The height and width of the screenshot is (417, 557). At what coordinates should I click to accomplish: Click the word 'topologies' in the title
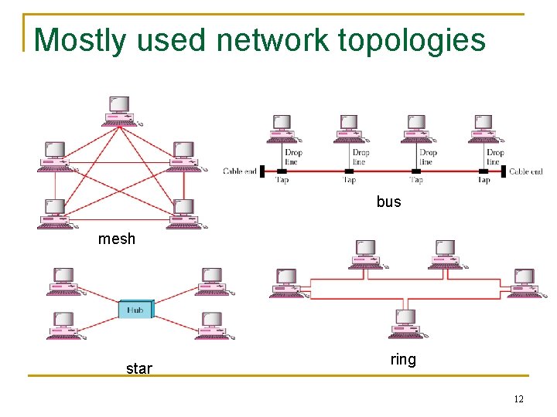point(412,39)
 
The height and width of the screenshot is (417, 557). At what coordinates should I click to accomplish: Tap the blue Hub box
point(135,310)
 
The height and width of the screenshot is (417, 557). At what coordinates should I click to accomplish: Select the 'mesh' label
point(116,239)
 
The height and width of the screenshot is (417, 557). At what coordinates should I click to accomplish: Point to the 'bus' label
point(388,202)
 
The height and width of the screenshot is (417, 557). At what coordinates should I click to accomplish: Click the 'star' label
point(138,368)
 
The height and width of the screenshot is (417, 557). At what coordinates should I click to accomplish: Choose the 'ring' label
point(402,359)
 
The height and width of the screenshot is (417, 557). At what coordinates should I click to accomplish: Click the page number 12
point(518,398)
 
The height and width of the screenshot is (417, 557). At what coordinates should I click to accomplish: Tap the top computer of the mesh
point(120,111)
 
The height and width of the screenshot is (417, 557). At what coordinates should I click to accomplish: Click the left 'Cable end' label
point(240,171)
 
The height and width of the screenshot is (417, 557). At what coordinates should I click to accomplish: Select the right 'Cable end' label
point(525,171)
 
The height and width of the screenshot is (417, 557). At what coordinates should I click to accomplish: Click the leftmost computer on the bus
point(283,128)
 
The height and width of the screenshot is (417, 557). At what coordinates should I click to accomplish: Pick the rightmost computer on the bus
point(485,128)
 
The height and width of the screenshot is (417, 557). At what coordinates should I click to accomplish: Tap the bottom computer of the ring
point(405,324)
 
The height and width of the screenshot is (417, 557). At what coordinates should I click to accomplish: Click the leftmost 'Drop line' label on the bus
point(292,157)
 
